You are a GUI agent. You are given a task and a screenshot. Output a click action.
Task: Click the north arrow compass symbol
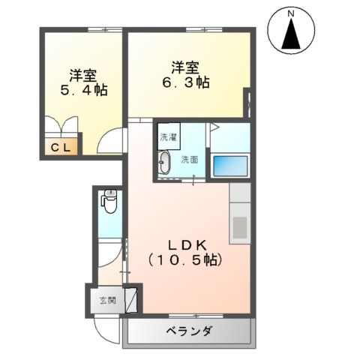pos(290,33)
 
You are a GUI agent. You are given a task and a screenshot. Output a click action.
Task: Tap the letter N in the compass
pos(290,13)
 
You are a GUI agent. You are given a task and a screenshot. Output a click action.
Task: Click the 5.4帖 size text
pos(83,90)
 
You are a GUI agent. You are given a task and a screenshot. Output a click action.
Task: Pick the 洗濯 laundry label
pos(168,138)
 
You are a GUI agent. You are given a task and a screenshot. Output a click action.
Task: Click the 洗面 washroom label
pos(189,159)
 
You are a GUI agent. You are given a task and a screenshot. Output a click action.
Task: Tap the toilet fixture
pos(109,201)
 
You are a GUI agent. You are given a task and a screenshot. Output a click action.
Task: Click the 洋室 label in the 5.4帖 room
pos(83,74)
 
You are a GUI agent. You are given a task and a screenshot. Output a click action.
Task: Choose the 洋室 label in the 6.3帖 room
pos(184,65)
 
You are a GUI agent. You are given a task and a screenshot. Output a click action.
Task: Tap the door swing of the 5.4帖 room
pos(111,140)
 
